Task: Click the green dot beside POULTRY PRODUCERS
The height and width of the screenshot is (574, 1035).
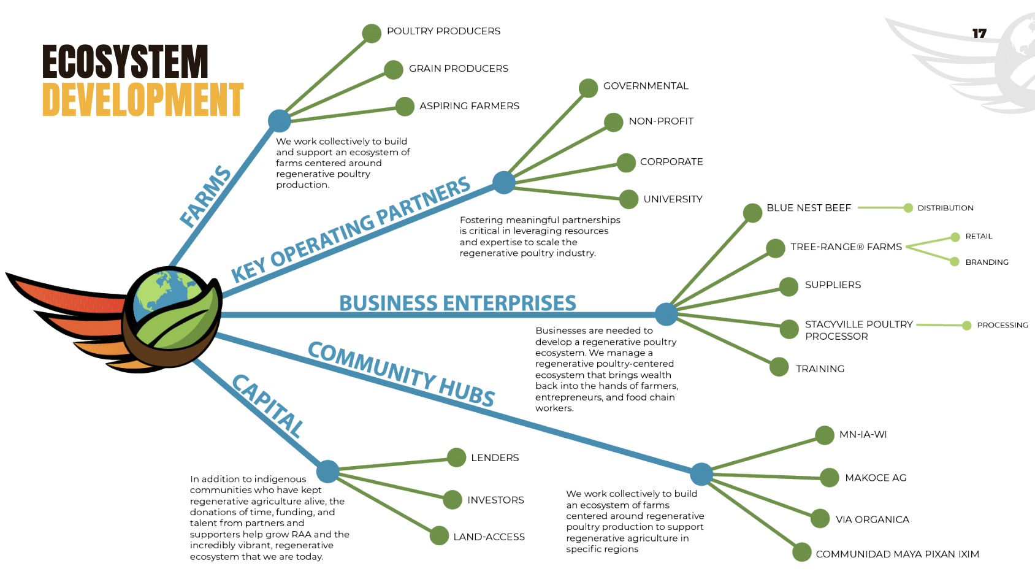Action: tap(372, 33)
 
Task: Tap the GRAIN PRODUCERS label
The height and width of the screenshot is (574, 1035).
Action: tap(459, 69)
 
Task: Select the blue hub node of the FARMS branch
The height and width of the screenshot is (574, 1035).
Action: tap(279, 121)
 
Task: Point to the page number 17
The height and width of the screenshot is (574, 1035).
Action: tap(979, 34)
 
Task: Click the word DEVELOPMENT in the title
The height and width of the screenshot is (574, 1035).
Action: tap(143, 99)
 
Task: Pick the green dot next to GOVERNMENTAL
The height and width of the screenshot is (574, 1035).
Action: tap(588, 88)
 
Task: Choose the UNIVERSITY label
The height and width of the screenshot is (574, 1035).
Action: tap(673, 199)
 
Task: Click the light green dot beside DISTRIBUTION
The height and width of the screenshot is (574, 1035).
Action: tap(908, 208)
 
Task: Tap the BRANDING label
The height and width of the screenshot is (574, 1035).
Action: tap(987, 262)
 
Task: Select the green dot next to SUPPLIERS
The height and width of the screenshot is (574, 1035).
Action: tap(789, 286)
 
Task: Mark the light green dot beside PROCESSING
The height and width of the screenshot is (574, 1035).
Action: tap(966, 326)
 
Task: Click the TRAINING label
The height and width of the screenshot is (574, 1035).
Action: tap(820, 369)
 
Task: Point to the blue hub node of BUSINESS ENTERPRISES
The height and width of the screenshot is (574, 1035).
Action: tap(666, 314)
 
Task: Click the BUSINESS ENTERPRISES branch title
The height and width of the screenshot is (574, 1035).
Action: tap(457, 303)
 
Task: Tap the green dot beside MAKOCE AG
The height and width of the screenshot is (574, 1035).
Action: tap(829, 478)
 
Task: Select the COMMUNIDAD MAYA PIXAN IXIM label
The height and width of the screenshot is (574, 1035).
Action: tap(897, 554)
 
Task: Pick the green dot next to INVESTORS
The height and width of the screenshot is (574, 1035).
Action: tap(453, 500)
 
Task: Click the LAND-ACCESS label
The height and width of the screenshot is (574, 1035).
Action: tap(489, 537)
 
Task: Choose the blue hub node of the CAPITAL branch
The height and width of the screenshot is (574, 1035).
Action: tap(327, 472)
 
